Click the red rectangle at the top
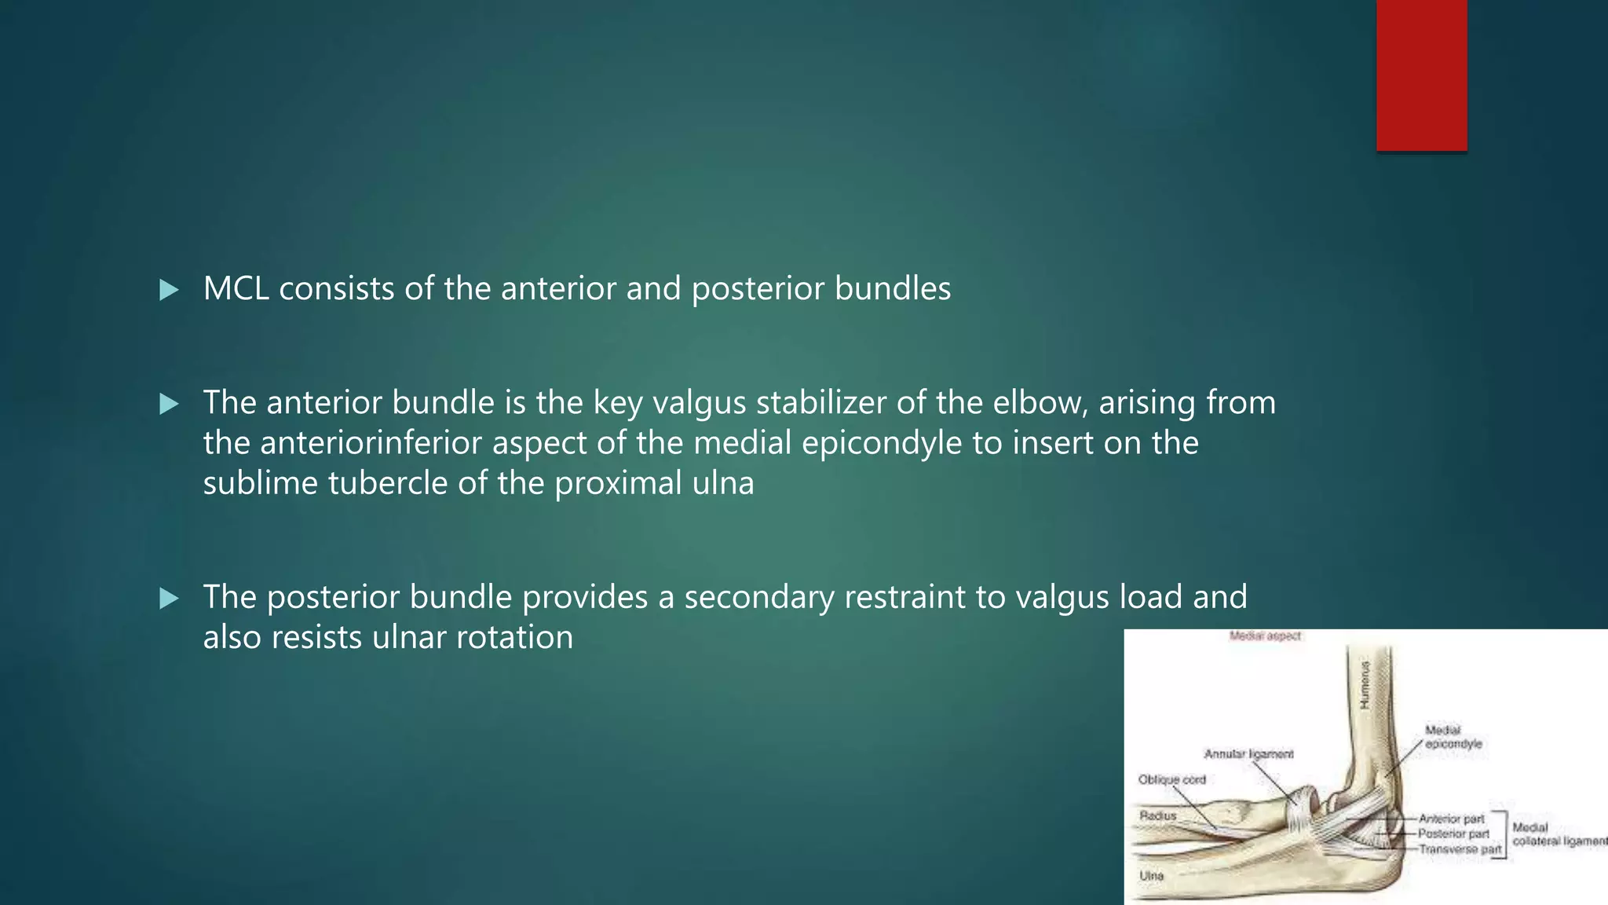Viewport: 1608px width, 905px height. pyautogui.click(x=1421, y=75)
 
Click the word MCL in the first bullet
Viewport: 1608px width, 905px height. pyautogui.click(x=236, y=289)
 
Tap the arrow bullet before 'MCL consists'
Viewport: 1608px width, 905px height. pyautogui.click(x=169, y=290)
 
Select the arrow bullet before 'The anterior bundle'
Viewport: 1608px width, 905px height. pyautogui.click(x=169, y=404)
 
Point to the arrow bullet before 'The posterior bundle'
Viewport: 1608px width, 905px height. pyautogui.click(x=169, y=599)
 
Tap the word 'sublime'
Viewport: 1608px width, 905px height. pyautogui.click(x=261, y=483)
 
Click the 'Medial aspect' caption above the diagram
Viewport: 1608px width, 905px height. pyautogui.click(x=1265, y=636)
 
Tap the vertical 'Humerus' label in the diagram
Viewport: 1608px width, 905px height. pyautogui.click(x=1365, y=683)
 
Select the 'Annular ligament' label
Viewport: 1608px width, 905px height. pyautogui.click(x=1248, y=754)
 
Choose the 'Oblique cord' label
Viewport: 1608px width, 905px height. pyautogui.click(x=1171, y=779)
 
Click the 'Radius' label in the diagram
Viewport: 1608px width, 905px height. pyautogui.click(x=1158, y=815)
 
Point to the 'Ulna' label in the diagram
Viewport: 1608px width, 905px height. pyautogui.click(x=1151, y=875)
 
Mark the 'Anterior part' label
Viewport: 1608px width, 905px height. pyautogui.click(x=1451, y=819)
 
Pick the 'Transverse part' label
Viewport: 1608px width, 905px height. pyautogui.click(x=1460, y=849)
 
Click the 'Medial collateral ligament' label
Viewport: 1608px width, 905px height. pyautogui.click(x=1559, y=834)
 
